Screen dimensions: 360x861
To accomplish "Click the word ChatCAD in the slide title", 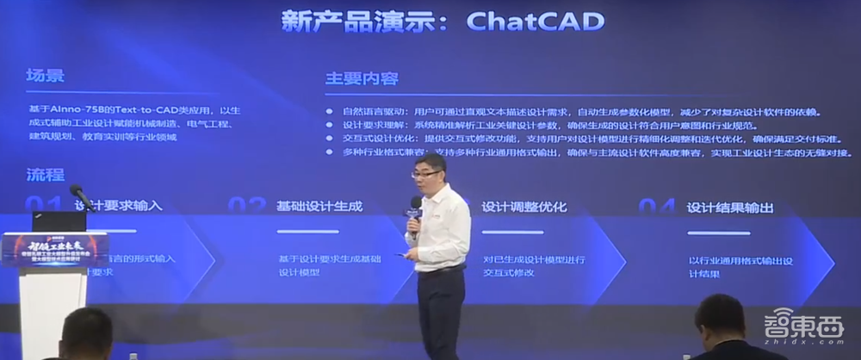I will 535,22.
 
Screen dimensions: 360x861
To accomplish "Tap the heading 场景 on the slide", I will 45,75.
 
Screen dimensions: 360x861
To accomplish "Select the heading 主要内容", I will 361,78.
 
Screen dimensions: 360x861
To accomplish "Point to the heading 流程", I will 45,175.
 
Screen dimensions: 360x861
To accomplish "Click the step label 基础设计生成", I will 319,207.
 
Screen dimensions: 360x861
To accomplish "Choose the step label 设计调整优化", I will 524,207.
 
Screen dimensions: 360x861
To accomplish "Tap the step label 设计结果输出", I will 729,208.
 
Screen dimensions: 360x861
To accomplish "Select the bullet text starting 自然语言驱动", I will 568,112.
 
